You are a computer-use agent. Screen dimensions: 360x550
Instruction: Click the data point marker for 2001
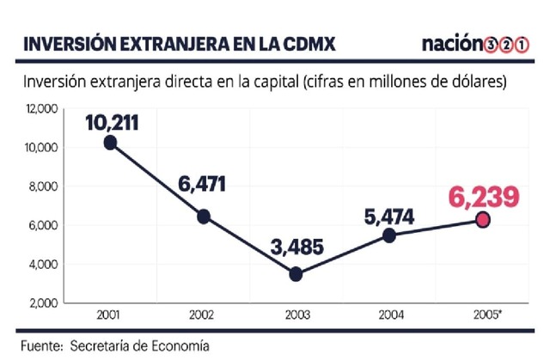pos(110,143)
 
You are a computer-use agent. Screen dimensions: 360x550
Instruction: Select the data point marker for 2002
pos(203,217)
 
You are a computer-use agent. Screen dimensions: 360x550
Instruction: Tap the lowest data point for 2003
pos(296,274)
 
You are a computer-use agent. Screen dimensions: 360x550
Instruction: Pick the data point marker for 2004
pos(389,235)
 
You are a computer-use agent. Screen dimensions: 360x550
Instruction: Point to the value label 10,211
pos(112,121)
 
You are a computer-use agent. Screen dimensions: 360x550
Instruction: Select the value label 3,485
pos(296,248)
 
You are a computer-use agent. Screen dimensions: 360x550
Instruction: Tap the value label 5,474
pos(388,214)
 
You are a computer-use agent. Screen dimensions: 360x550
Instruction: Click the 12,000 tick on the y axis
pos(41,109)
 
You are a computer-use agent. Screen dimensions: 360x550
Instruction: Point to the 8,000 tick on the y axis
pos(43,186)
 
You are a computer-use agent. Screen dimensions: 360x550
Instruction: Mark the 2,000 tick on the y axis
pos(43,303)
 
